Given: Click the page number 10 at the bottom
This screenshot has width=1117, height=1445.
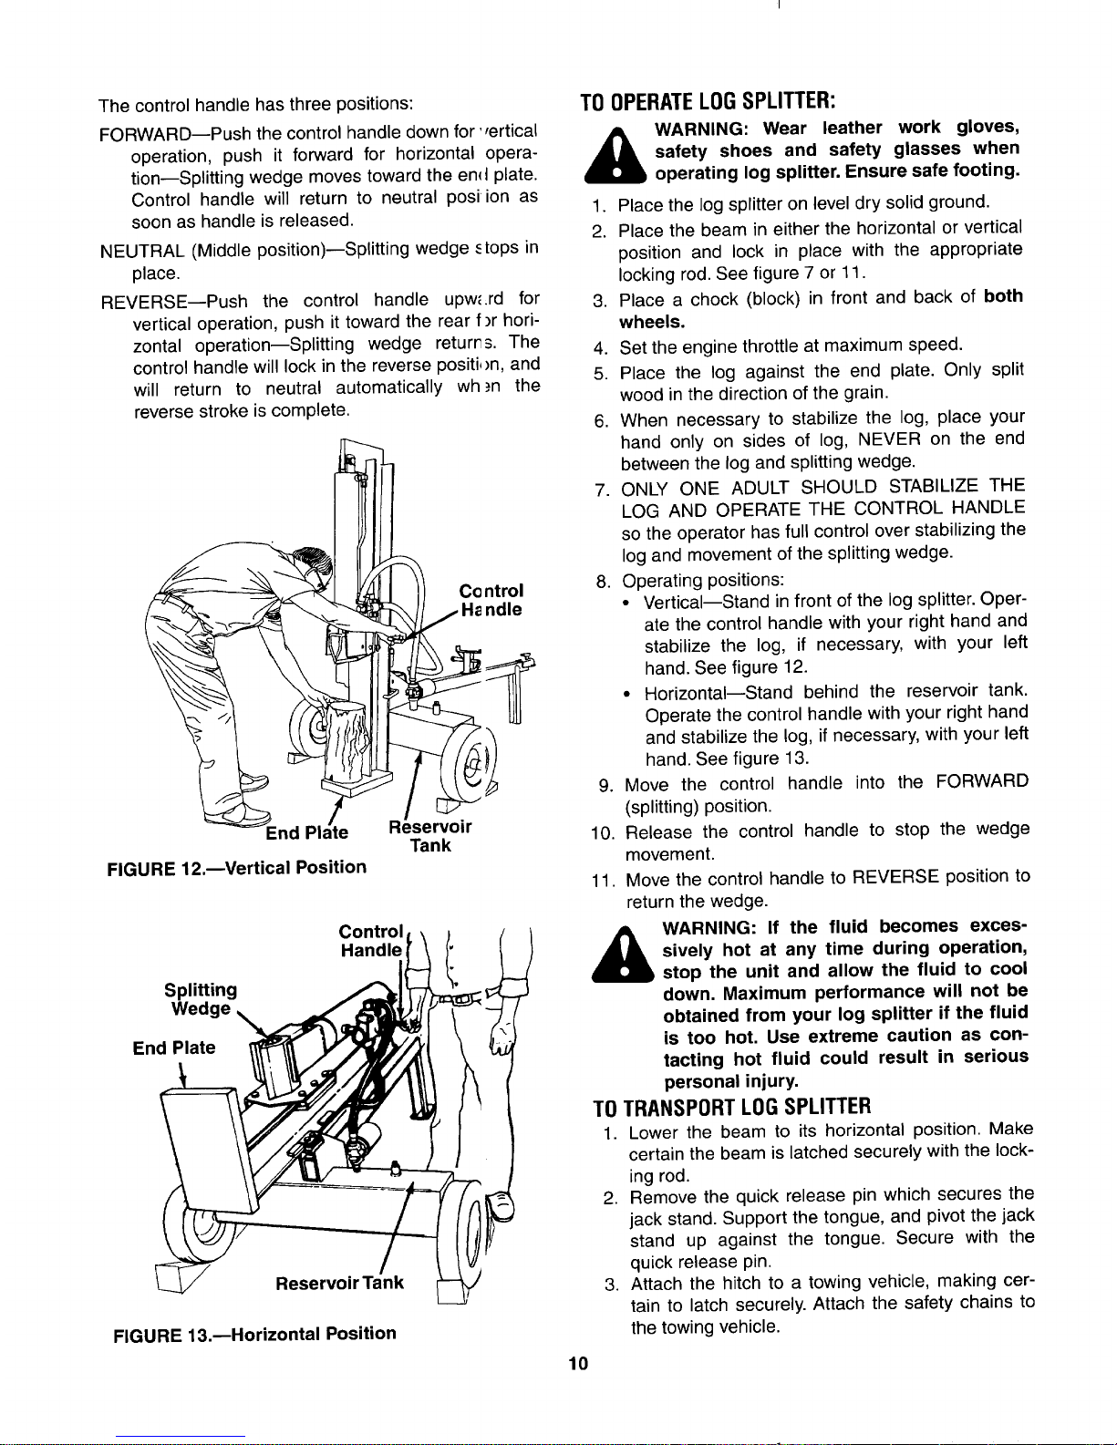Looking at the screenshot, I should tap(576, 1364).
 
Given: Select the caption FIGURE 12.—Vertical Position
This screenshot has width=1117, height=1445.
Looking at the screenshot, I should tap(237, 866).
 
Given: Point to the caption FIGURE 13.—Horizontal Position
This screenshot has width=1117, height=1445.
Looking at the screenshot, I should tap(253, 1334).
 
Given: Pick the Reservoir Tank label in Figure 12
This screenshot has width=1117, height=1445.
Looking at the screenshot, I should tap(429, 835).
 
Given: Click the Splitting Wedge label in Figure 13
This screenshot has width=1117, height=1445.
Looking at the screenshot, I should tap(201, 999).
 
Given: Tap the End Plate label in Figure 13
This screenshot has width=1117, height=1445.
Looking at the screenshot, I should tap(174, 1048).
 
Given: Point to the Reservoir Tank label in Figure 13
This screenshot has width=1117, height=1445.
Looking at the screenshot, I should tap(339, 1283).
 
